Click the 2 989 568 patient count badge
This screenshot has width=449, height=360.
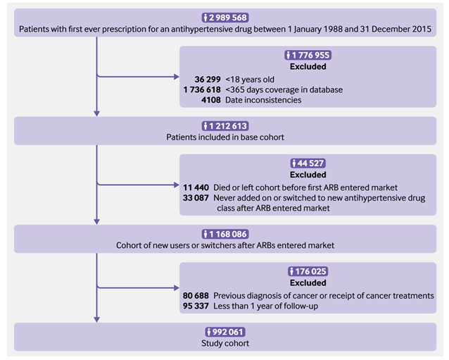pos(225,18)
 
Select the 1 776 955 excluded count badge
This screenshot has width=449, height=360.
pos(308,55)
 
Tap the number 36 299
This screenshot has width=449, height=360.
pos(208,80)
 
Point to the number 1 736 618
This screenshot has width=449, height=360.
pos(202,89)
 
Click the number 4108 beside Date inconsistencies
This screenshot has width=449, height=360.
pos(211,100)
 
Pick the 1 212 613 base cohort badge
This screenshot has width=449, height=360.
pos(225,126)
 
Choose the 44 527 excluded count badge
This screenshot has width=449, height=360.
pos(308,163)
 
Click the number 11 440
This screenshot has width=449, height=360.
pos(196,187)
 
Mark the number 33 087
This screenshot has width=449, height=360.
pos(196,198)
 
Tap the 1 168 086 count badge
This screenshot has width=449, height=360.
pos(225,234)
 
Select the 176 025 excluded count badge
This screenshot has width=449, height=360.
pos(308,271)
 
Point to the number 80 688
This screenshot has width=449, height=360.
pos(196,295)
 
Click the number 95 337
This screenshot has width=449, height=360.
pos(196,306)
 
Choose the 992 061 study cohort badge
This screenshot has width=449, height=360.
pos(225,332)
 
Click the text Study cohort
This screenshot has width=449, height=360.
pos(225,343)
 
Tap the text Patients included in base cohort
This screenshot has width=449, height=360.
pos(225,137)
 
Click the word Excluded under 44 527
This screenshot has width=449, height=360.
pos(308,175)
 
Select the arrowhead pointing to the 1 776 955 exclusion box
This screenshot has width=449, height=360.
pos(177,77)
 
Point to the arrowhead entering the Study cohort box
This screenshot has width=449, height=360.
pos(97,320)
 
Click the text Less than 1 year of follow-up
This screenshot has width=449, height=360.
pos(266,306)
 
